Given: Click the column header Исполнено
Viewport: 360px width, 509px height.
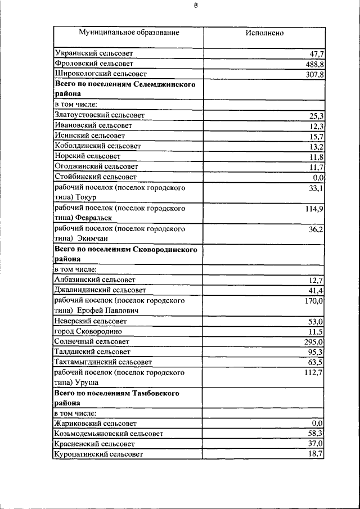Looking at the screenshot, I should [x=264, y=33].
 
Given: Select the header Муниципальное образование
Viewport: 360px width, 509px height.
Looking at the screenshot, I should [x=129, y=33].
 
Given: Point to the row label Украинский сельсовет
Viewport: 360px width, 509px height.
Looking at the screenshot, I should [x=94, y=53].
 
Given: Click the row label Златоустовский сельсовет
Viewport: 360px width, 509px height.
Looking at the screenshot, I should [x=100, y=115].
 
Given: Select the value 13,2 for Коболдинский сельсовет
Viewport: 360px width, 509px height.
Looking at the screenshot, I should [x=316, y=146].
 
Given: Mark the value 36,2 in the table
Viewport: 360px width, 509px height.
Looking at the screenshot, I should [x=316, y=229].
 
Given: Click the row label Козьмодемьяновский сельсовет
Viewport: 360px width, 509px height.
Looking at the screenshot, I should [x=109, y=434].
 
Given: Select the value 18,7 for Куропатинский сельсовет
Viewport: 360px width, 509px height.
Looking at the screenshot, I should [x=316, y=454].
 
